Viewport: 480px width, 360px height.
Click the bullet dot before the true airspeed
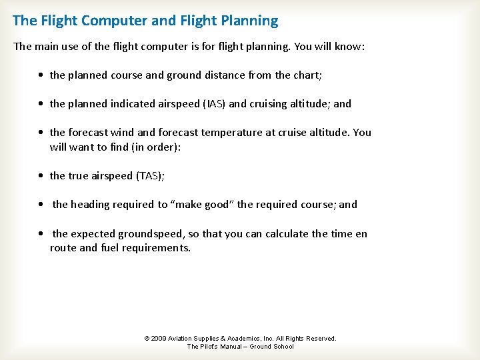(42, 176)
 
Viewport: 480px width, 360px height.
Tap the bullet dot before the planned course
(42, 75)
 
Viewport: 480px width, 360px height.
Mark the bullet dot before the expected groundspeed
(42, 234)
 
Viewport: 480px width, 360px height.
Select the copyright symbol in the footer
(147, 339)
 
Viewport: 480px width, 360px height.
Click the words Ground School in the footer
(271, 347)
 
